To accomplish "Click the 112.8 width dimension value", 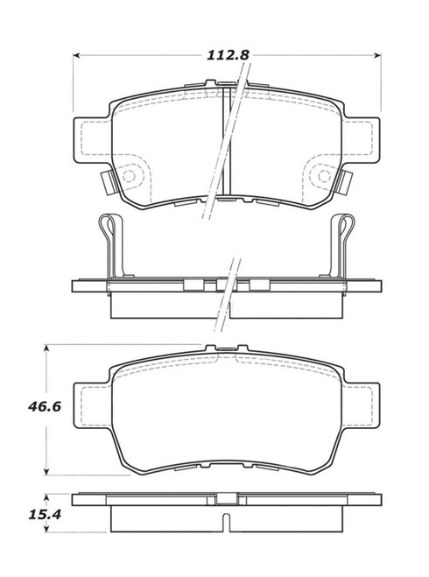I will point(228,54).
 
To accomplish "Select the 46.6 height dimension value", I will point(33,405).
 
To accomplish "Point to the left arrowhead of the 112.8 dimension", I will point(75,54).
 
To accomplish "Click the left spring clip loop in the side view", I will point(107,229).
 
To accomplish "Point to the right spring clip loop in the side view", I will point(342,229).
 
